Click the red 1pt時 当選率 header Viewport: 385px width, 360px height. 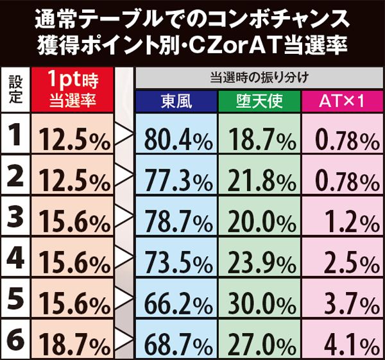coord(73,90)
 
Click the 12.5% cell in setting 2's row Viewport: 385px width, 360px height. coord(73,180)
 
